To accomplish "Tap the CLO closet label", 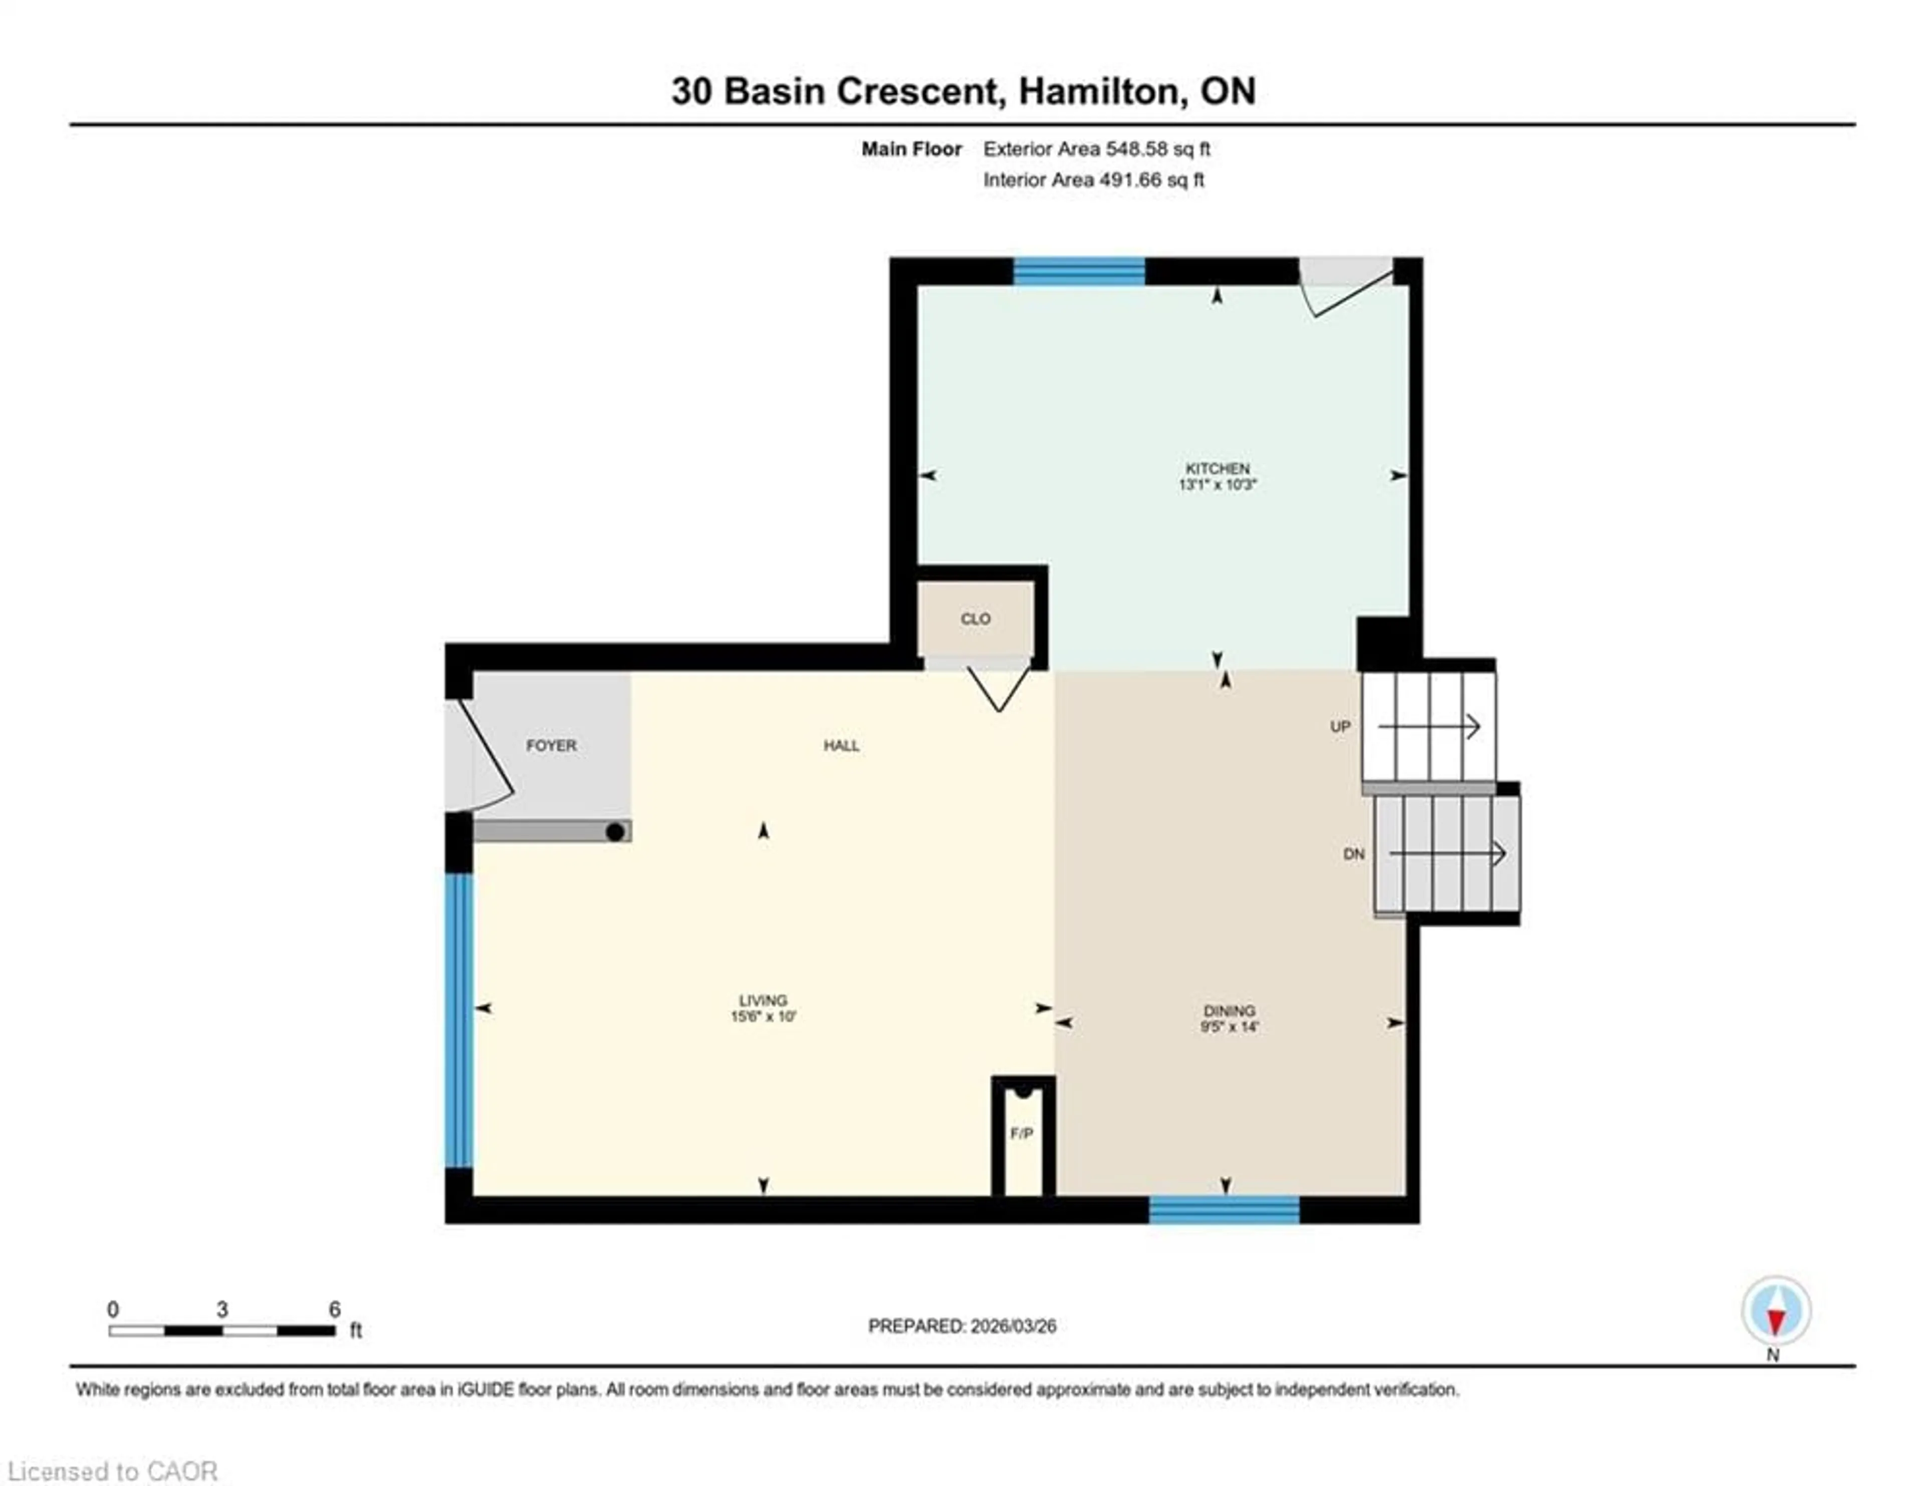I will [975, 619].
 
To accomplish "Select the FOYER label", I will [552, 746].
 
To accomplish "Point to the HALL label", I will [841, 746].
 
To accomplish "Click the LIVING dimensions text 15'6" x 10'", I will [763, 1016].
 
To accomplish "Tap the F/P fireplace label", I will [1022, 1134].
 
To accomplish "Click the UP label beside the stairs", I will [1340, 726].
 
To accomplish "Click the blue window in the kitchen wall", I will [1079, 271].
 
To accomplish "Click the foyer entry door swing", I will [480, 756].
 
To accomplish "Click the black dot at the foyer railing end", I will [615, 831].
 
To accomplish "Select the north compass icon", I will [1776, 1311].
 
